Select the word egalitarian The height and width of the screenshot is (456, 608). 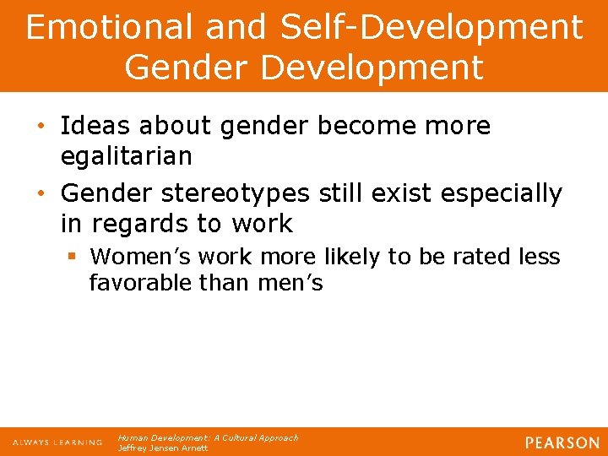click(x=127, y=156)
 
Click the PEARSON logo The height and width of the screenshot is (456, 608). click(x=561, y=442)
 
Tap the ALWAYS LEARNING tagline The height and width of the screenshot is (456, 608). click(x=57, y=442)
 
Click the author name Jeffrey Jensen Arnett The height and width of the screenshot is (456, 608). click(x=163, y=448)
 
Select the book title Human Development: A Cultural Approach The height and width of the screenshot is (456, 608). click(x=208, y=438)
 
